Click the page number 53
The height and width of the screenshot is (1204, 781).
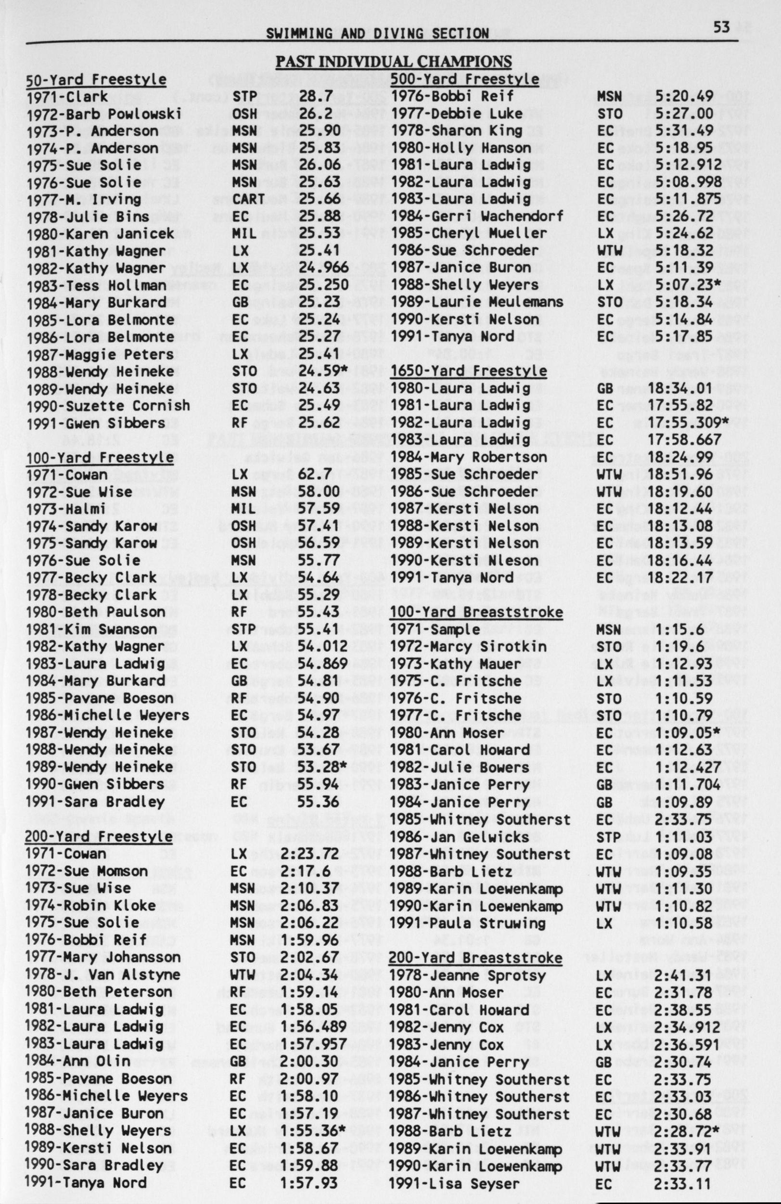(721, 26)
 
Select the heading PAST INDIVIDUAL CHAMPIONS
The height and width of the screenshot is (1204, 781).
(393, 62)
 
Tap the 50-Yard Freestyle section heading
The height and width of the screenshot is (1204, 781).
(96, 79)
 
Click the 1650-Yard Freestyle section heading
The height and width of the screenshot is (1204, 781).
(469, 371)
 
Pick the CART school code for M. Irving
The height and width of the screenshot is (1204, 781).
(248, 199)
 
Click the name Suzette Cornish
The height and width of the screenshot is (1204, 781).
(128, 406)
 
